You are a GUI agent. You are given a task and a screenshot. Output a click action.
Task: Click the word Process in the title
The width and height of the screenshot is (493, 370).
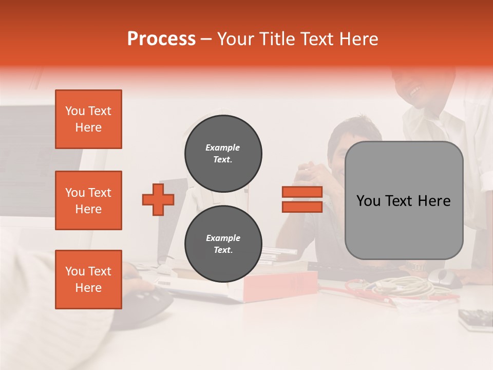[x=161, y=39]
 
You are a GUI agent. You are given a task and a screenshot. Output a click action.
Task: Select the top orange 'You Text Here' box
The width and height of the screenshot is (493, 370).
[x=88, y=119]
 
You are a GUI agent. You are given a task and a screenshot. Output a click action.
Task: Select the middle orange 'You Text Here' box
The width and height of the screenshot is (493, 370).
[x=88, y=200]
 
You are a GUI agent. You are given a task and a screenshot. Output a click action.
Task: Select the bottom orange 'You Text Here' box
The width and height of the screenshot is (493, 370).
[x=88, y=280]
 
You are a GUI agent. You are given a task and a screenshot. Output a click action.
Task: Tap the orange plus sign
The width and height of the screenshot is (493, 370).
[x=158, y=199]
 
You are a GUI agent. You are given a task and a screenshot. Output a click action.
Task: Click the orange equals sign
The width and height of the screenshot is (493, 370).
[x=302, y=199]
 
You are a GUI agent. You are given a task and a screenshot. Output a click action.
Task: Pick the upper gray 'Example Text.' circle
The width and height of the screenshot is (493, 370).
[x=223, y=154]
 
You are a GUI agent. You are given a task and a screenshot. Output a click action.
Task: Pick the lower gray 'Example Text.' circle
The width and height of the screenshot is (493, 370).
[x=223, y=244]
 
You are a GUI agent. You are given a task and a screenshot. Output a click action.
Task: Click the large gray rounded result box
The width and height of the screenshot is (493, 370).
[x=404, y=200]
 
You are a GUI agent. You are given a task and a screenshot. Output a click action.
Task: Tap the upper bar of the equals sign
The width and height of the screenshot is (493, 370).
[x=302, y=192]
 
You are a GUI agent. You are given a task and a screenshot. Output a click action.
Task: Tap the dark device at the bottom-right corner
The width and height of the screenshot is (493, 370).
[x=476, y=319]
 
